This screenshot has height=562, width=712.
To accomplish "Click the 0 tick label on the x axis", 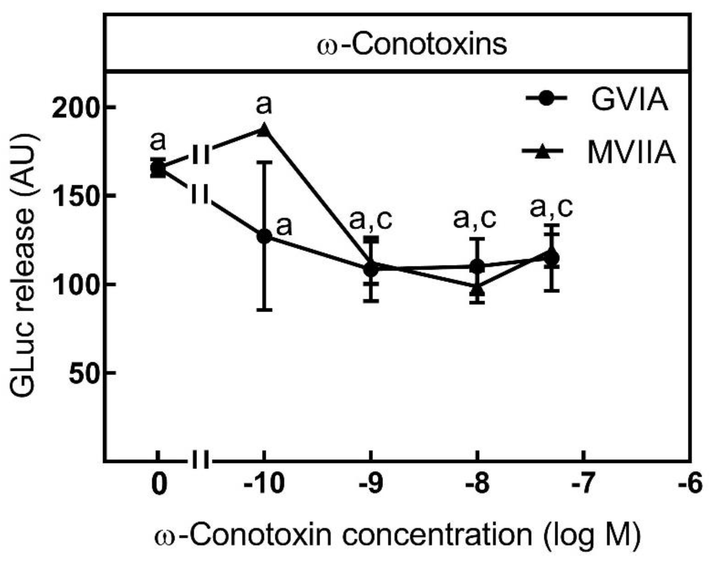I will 158,484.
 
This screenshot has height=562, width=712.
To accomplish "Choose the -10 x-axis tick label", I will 264,484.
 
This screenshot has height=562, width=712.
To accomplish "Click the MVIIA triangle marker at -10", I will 264,130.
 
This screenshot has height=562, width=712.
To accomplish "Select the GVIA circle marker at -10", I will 264,236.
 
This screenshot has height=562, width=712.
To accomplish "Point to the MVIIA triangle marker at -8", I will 477,289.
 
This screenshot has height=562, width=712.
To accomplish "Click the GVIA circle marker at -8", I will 477,267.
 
